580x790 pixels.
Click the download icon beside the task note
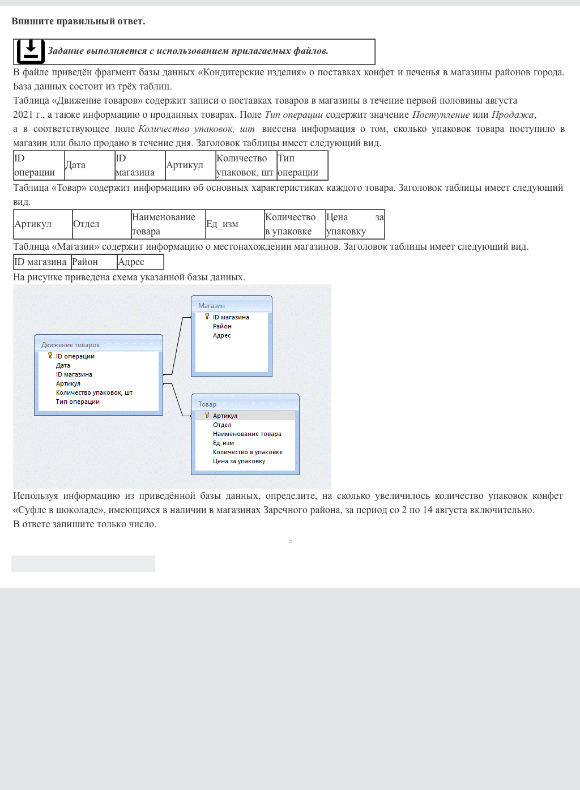(31, 52)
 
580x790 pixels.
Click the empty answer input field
(83, 563)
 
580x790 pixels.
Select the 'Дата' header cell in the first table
(89, 165)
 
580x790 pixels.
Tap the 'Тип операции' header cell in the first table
(302, 165)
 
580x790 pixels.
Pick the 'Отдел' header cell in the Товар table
(101, 224)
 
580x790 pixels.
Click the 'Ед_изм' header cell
(234, 224)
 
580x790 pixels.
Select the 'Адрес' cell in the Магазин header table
(140, 262)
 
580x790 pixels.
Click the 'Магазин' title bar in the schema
(231, 305)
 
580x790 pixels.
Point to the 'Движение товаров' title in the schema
(71, 345)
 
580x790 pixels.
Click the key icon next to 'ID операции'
(50, 356)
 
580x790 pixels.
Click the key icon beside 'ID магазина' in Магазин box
(207, 317)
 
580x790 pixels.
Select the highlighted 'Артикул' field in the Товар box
(225, 416)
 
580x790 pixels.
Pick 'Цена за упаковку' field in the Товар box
(239, 461)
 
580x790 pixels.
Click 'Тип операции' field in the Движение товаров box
(78, 402)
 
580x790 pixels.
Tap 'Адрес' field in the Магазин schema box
(222, 335)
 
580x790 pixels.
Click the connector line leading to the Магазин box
(177, 345)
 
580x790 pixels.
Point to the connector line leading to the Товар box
(177, 400)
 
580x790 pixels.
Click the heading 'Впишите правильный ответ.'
(78, 22)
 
